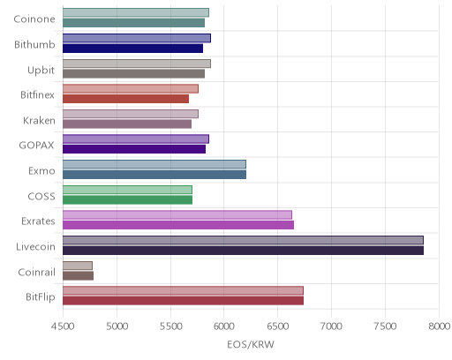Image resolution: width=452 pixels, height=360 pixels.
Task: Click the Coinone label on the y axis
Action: pyautogui.click(x=34, y=19)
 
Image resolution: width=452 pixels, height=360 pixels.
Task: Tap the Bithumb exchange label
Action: pyautogui.click(x=34, y=45)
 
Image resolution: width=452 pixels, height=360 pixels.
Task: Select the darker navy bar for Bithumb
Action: pyautogui.click(x=132, y=49)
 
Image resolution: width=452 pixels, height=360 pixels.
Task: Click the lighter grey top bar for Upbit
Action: pyautogui.click(x=137, y=64)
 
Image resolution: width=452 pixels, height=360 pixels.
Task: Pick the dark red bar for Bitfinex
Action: pyautogui.click(x=125, y=99)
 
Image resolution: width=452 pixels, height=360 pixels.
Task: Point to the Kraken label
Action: pyautogui.click(x=39, y=121)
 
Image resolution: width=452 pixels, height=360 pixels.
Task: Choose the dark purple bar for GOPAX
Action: pyautogui.click(x=134, y=149)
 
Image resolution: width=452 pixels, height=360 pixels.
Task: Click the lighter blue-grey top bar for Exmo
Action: pyautogui.click(x=154, y=164)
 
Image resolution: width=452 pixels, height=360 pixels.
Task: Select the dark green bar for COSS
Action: pyautogui.click(x=127, y=200)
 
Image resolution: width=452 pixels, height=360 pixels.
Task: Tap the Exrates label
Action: pyautogui.click(x=38, y=221)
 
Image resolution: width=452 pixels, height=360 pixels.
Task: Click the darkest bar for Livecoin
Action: pyautogui.click(x=243, y=251)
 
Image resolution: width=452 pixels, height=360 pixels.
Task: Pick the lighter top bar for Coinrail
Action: pyautogui.click(x=78, y=266)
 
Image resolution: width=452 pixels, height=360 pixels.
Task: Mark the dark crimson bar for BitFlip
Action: pyautogui.click(x=183, y=301)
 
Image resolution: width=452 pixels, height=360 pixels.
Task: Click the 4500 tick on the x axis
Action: pyautogui.click(x=63, y=326)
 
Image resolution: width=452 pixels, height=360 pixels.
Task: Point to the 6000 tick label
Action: pyautogui.click(x=223, y=326)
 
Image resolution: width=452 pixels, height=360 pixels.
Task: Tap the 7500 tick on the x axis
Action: pyautogui.click(x=385, y=326)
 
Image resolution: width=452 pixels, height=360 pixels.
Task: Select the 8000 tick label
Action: pyautogui.click(x=439, y=326)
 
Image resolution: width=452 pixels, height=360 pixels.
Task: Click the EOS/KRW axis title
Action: pyautogui.click(x=251, y=344)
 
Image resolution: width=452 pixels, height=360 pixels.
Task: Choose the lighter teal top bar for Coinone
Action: pyautogui.click(x=136, y=12)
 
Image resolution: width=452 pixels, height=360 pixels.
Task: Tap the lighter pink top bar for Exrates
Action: pyautogui.click(x=177, y=214)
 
